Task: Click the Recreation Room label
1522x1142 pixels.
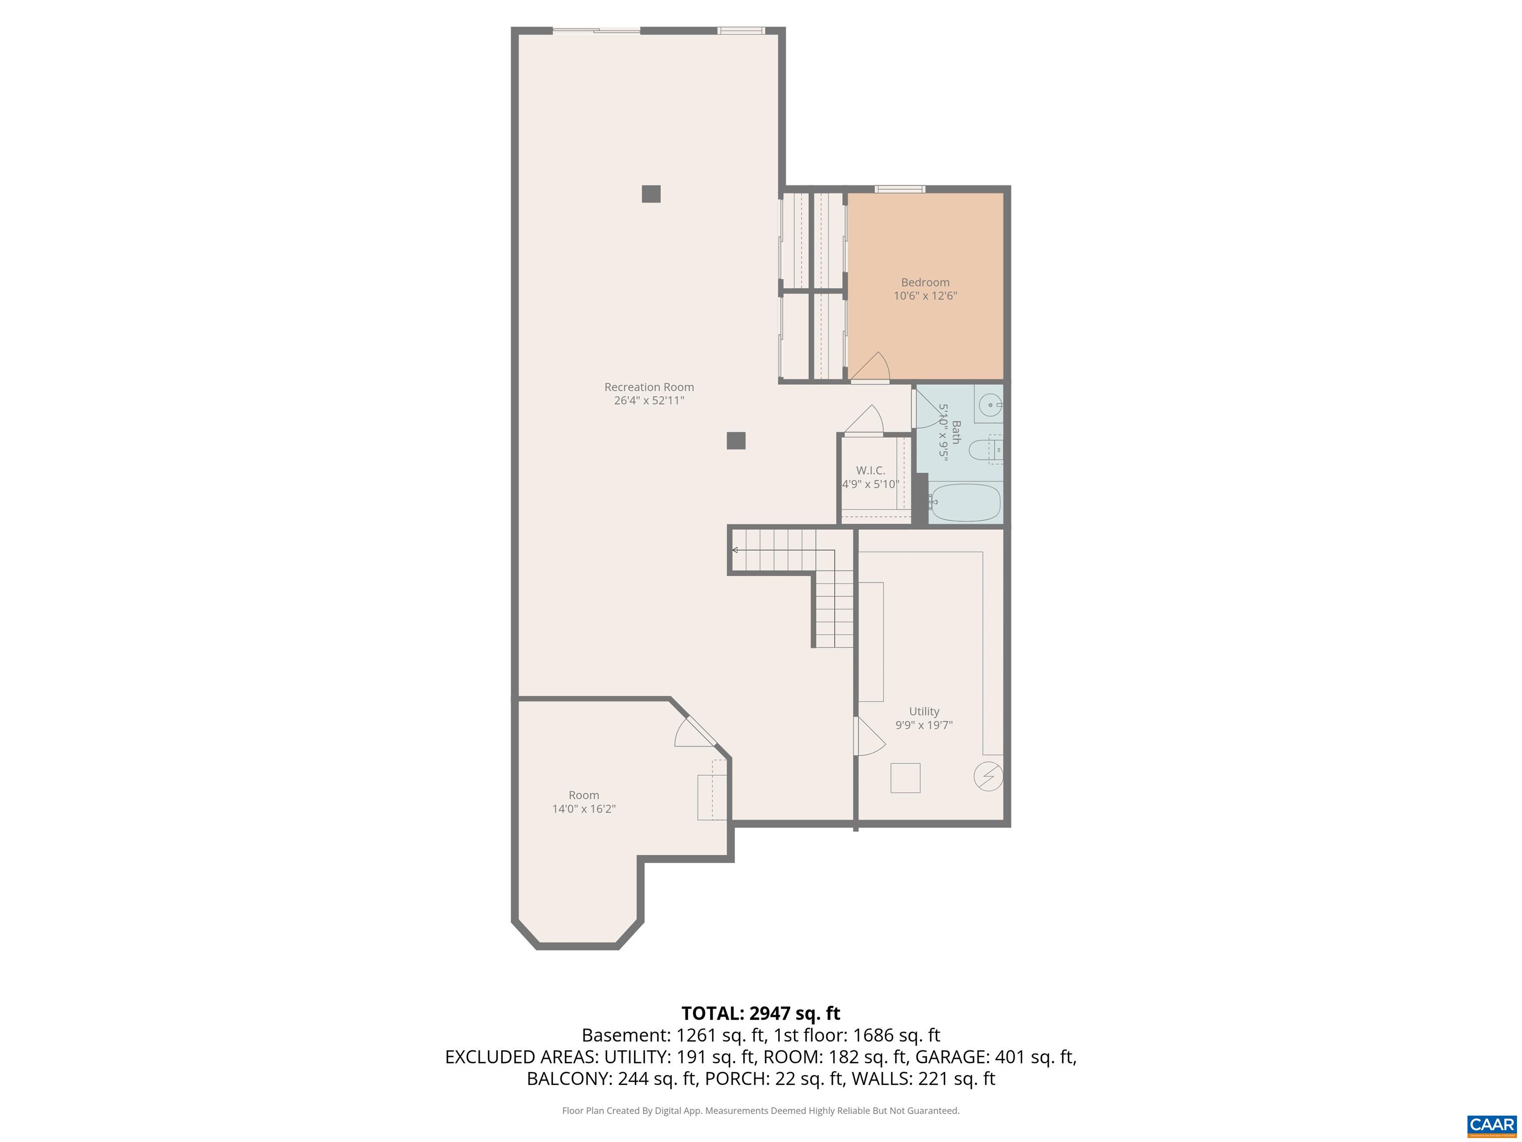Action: click(649, 387)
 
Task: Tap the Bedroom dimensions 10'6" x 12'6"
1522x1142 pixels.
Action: click(925, 296)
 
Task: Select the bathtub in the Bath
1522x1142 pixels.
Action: click(965, 503)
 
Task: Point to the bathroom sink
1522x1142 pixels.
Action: click(990, 405)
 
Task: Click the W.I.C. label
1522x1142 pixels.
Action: click(870, 470)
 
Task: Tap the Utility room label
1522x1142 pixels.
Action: click(924, 711)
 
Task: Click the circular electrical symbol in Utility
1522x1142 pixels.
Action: click(988, 777)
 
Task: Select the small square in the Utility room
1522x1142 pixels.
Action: click(905, 778)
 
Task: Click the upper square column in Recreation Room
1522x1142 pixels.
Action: click(651, 194)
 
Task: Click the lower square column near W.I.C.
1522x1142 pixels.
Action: click(736, 441)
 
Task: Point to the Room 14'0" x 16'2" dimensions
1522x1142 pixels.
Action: click(584, 809)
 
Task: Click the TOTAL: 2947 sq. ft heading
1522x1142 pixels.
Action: click(761, 1013)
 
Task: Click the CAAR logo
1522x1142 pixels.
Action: click(1491, 1125)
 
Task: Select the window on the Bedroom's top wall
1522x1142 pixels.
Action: click(899, 189)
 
